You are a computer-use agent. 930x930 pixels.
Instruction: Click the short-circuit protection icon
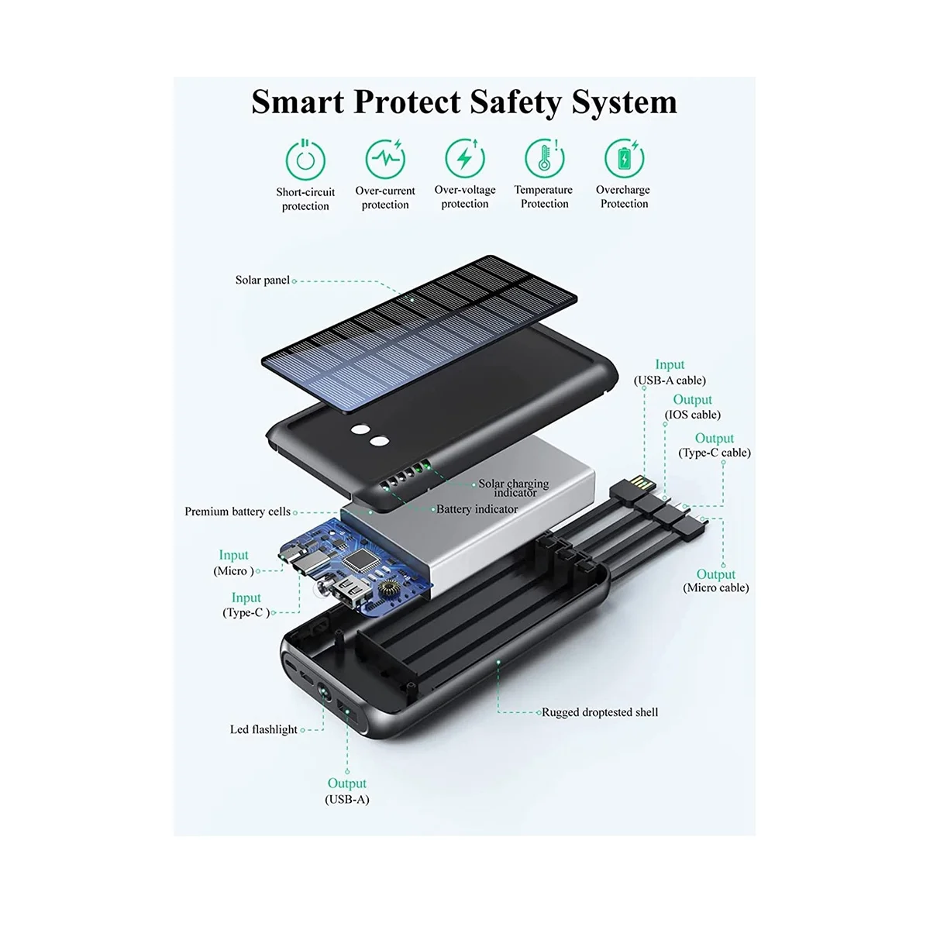point(305,160)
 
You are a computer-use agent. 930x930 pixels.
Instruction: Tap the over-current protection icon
point(385,158)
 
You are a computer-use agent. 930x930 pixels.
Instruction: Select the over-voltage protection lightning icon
point(465,158)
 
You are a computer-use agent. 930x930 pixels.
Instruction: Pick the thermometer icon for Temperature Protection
point(544,158)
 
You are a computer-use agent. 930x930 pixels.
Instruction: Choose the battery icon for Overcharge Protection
point(624,158)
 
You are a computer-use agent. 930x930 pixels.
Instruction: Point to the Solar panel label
point(263,280)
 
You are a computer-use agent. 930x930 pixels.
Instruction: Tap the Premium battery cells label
point(237,511)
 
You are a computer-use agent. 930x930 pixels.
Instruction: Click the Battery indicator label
point(477,509)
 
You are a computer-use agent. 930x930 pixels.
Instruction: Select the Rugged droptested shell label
point(600,712)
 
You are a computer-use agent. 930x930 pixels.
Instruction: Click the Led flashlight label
point(263,729)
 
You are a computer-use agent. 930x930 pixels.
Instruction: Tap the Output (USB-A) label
point(347,791)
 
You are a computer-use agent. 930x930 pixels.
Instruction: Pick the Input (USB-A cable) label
point(670,373)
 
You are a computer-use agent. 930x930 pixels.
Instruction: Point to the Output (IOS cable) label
point(693,407)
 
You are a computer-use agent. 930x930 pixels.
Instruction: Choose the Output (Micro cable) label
point(716,580)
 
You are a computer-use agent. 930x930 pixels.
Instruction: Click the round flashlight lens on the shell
point(324,695)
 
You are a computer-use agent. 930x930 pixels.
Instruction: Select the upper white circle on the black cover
point(360,429)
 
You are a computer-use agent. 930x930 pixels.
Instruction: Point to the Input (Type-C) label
point(246,605)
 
